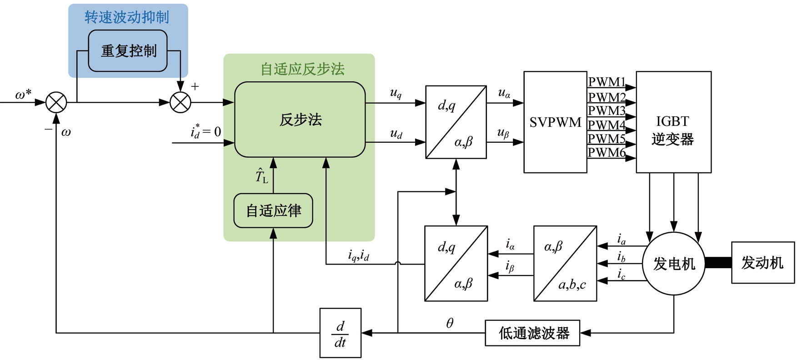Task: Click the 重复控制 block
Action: [x=128, y=50]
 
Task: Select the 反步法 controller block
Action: [x=300, y=120]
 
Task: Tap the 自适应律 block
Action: [x=273, y=210]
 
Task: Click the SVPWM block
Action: [x=555, y=122]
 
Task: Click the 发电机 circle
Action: [x=673, y=264]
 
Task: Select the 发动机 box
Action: [x=763, y=263]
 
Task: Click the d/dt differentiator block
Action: [x=341, y=333]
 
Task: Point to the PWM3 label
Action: [x=607, y=110]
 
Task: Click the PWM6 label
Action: [x=607, y=152]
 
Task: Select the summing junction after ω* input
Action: [x=56, y=102]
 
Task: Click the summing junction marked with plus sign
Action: [x=180, y=102]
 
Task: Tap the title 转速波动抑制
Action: [x=127, y=17]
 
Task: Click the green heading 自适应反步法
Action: [x=302, y=69]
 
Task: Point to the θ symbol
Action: [x=450, y=323]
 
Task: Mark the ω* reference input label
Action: [x=23, y=95]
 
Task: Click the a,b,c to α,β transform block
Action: [x=565, y=264]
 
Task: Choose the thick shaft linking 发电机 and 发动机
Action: [x=718, y=263]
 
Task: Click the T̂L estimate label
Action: [x=262, y=176]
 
